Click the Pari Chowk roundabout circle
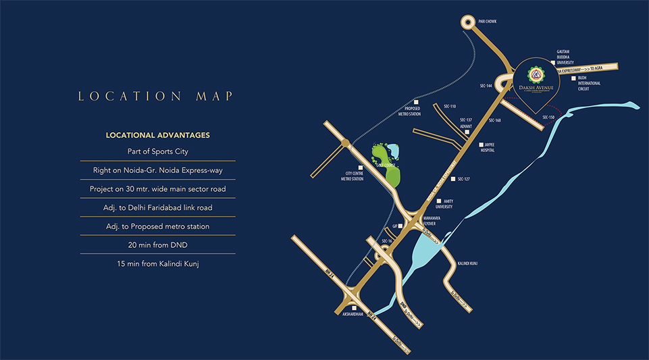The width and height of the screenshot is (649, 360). (468, 22)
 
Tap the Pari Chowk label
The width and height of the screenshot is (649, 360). (488, 22)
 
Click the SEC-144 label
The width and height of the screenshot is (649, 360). (486, 86)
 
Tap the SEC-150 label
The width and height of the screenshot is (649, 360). (548, 118)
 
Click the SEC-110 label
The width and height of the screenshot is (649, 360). (450, 106)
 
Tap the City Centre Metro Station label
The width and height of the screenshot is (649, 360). (351, 176)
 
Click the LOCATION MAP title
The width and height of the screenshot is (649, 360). (155, 97)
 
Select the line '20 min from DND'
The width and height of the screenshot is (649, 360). (157, 245)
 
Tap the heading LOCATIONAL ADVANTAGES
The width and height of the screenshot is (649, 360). (157, 135)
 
